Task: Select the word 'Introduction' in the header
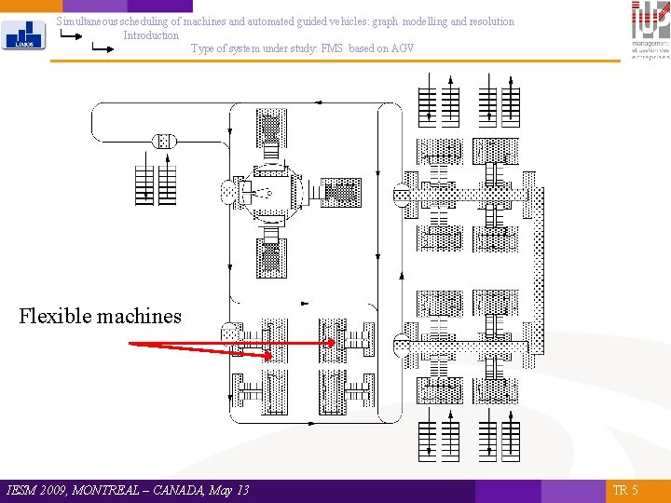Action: pyautogui.click(x=151, y=35)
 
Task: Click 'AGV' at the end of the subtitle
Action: pyautogui.click(x=403, y=48)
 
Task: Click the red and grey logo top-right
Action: pyautogui.click(x=650, y=30)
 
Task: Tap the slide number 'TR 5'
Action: pyautogui.click(x=625, y=490)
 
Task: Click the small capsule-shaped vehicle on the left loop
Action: pyautogui.click(x=164, y=142)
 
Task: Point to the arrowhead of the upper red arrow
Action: pyautogui.click(x=333, y=343)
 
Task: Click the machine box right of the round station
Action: pyautogui.click(x=342, y=194)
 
